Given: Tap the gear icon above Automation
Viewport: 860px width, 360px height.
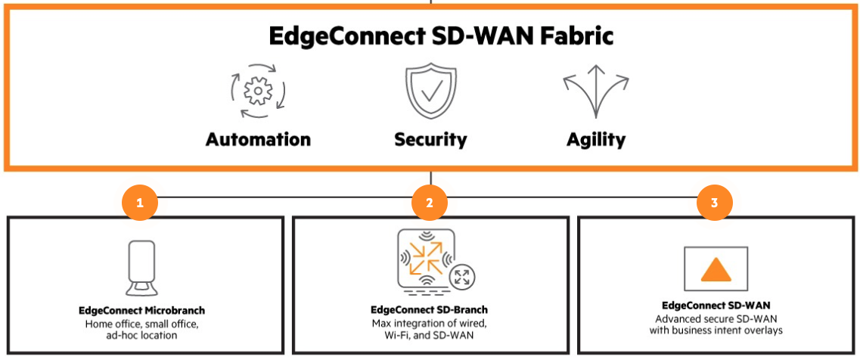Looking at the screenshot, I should [x=258, y=92].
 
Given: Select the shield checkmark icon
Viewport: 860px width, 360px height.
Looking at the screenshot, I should [x=430, y=92].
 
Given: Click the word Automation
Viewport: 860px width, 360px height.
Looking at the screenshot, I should [x=258, y=139].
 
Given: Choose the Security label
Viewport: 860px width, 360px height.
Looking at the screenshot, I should [x=430, y=139].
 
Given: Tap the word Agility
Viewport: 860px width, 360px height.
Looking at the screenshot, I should [x=596, y=139].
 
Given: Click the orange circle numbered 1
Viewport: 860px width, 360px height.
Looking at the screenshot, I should [x=140, y=203].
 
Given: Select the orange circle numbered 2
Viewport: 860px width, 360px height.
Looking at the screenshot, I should [x=430, y=203].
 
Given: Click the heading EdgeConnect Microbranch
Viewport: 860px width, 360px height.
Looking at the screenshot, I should [x=142, y=310].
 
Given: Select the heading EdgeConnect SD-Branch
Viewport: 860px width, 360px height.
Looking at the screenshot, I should [x=429, y=310].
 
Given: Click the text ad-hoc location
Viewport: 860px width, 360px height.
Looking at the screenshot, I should [x=142, y=334].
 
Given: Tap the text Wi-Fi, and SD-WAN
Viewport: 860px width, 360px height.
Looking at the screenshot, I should [x=429, y=334].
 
